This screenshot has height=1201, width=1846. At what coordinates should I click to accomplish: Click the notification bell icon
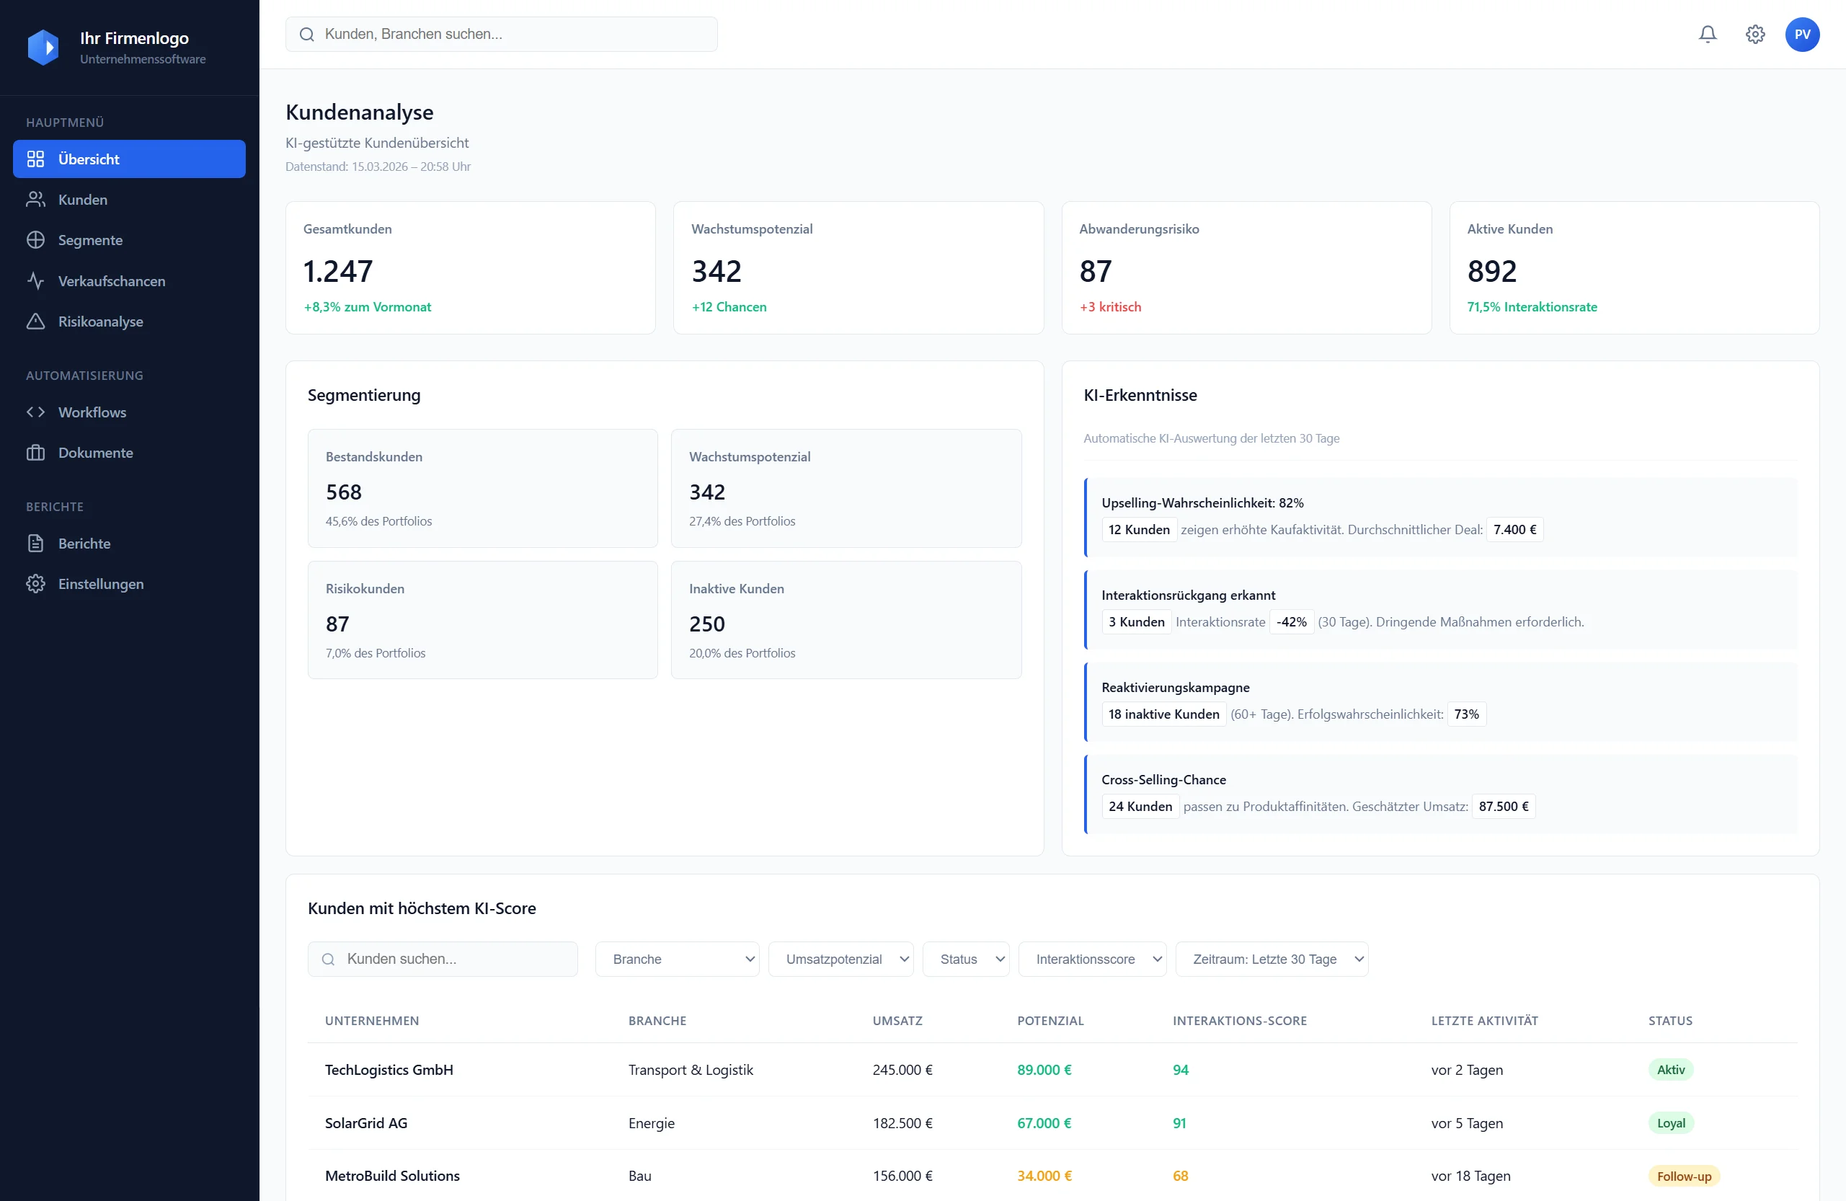(x=1707, y=34)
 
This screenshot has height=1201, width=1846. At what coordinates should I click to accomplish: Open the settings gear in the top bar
(x=1754, y=34)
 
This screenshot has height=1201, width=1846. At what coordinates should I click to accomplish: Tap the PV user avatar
(x=1802, y=34)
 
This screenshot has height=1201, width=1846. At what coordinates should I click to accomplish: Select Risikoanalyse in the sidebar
(x=100, y=322)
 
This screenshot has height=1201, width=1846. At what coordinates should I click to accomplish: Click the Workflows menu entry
(x=92, y=412)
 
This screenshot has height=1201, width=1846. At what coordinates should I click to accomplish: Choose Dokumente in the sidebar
(x=95, y=452)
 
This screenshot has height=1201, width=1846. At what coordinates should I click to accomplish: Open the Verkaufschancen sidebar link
(x=111, y=281)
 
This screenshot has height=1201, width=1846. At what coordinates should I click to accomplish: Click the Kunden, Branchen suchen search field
(x=512, y=34)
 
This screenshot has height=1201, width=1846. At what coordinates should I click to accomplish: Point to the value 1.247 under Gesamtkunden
(x=337, y=272)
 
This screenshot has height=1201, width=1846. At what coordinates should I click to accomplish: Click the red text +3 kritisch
(x=1110, y=306)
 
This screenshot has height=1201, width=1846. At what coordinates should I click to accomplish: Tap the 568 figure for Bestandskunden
(x=344, y=492)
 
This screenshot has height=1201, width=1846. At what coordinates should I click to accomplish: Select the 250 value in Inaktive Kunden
(x=706, y=624)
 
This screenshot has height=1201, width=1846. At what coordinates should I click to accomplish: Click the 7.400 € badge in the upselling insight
(x=1514, y=529)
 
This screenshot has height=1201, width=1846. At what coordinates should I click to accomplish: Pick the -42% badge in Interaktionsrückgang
(x=1291, y=621)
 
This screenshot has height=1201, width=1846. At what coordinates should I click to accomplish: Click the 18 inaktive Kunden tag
(x=1163, y=714)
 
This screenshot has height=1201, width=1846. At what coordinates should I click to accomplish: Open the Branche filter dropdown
(x=676, y=959)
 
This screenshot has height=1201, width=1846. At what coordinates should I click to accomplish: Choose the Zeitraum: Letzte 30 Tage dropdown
(x=1272, y=959)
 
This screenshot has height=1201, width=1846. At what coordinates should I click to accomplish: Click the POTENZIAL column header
(x=1050, y=1020)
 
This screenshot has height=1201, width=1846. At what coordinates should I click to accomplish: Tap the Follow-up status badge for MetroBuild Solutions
(x=1683, y=1175)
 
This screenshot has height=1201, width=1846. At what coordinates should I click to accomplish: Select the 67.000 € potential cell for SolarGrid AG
(x=1044, y=1122)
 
